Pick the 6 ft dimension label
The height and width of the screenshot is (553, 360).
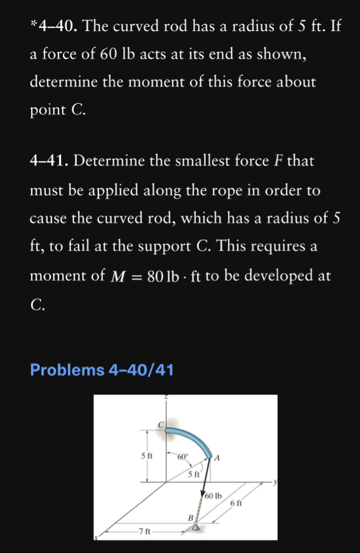(x=236, y=503)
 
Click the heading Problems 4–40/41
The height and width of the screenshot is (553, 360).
(x=102, y=370)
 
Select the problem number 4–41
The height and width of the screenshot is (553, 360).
(x=50, y=161)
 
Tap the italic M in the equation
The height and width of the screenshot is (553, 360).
(x=117, y=275)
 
